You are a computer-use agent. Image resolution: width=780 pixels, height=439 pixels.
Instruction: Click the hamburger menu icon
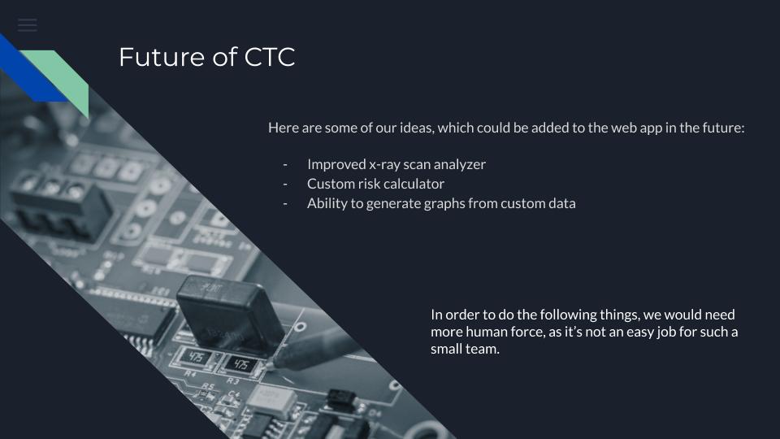(x=28, y=25)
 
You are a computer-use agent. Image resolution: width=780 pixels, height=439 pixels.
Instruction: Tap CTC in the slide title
(x=270, y=57)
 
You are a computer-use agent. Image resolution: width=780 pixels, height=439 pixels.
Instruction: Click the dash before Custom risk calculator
(x=285, y=185)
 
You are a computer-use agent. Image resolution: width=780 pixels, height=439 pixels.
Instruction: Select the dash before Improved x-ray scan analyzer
(x=285, y=165)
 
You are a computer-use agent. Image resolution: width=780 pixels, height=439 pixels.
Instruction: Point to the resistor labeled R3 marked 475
(x=240, y=365)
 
